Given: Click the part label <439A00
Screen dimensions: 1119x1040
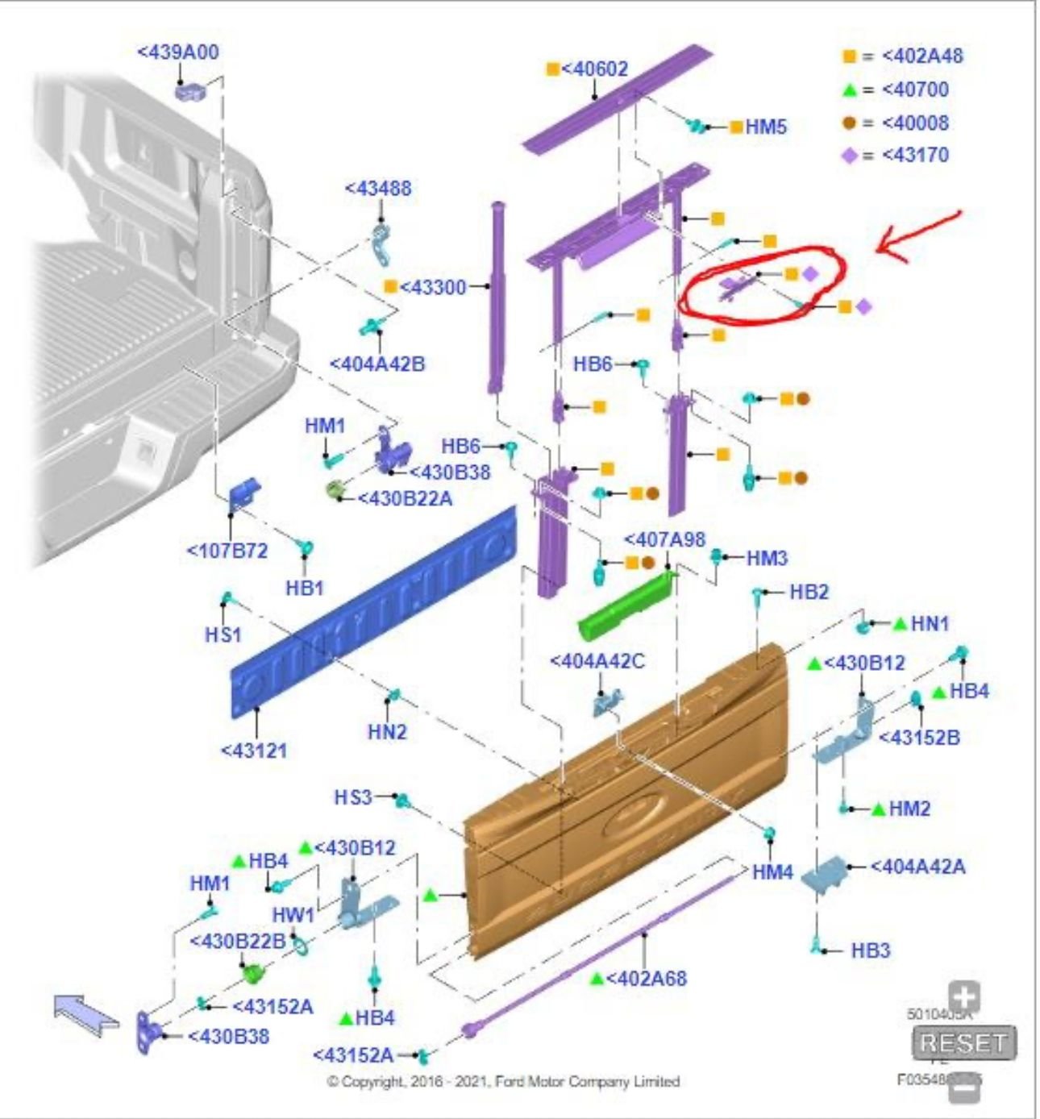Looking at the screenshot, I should pos(177,52).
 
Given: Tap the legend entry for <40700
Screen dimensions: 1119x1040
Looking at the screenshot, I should pos(914,89).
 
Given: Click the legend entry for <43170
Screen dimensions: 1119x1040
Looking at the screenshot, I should pos(914,155).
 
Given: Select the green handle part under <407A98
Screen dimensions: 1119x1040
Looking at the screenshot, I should pos(625,605).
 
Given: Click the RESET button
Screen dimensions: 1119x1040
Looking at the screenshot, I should pos(963,1043).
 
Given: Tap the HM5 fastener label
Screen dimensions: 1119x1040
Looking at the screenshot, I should pos(765,127).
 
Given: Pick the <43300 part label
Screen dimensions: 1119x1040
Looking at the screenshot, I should pos(433,287).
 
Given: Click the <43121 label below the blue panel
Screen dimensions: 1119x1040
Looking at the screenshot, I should pos(254,751).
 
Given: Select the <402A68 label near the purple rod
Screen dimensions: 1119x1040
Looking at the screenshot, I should pos(646,979).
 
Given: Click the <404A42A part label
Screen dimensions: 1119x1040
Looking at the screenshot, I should pos(917,867).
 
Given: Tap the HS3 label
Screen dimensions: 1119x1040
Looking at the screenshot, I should pos(353,797).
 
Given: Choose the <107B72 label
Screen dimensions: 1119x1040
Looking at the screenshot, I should pos(227,551).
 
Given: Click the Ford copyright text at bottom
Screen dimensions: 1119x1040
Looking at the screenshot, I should pos(503,1081).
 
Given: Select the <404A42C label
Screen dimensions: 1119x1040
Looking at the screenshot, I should pos(597,661).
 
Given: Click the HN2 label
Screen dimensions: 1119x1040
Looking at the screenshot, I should pos(387,732).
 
